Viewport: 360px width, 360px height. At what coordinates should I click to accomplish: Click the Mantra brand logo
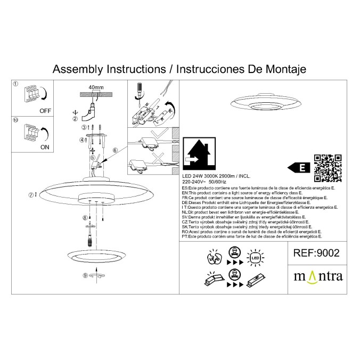[x=319, y=276]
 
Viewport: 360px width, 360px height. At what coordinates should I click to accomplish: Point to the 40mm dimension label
[x=96, y=86]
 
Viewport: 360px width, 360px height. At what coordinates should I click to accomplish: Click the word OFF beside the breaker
[x=45, y=111]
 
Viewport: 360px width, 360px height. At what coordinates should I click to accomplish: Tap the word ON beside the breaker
[x=45, y=146]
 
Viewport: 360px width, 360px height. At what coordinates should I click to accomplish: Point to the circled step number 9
[x=85, y=275]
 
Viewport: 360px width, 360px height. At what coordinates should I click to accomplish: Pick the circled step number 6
[x=115, y=151]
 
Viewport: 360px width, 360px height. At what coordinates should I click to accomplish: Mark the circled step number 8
[x=85, y=218]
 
